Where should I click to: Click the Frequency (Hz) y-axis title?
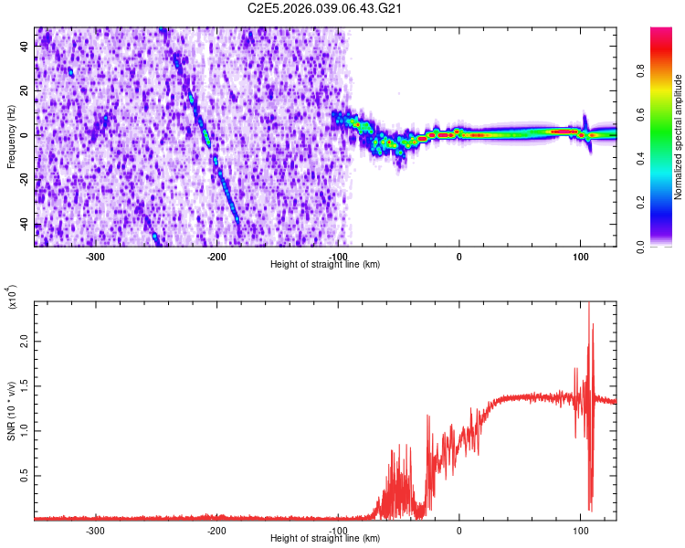pyautogui.click(x=11, y=136)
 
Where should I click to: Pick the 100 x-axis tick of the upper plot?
pyautogui.click(x=580, y=257)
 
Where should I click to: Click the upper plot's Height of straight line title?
pyautogui.click(x=326, y=264)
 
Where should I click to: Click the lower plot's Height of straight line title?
pyautogui.click(x=326, y=538)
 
